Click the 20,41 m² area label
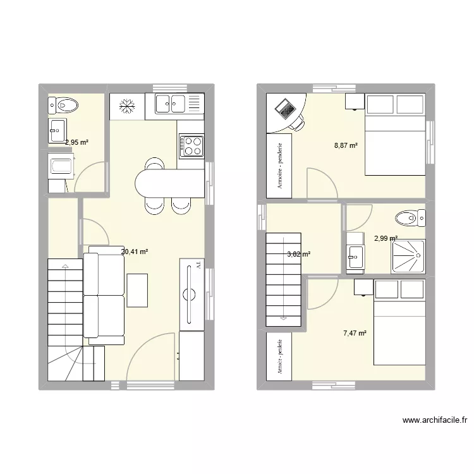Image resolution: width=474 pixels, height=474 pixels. point(135,252)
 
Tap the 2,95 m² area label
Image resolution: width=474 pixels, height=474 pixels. point(76,142)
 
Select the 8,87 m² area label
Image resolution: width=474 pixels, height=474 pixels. point(346,146)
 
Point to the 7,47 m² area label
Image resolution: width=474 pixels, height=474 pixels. point(355,333)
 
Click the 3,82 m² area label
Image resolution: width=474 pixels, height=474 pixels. point(299,254)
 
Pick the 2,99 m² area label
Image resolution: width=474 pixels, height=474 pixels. point(386,238)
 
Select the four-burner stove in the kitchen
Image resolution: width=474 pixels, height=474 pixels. point(191,146)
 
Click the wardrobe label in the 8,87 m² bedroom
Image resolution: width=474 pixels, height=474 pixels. point(279,164)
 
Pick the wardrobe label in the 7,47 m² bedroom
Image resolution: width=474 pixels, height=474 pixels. point(279,356)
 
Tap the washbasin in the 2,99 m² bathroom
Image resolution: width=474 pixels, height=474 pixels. point(355,255)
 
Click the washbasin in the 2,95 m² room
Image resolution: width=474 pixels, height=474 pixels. point(57,130)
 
